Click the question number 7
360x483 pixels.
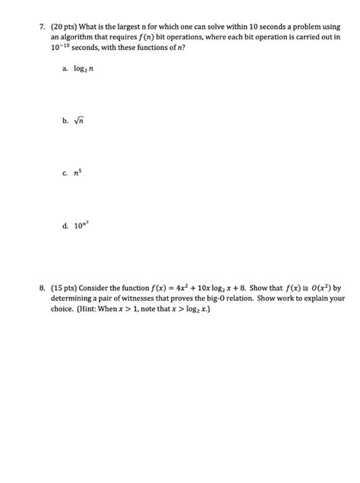coord(43,26)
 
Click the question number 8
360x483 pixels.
coord(43,289)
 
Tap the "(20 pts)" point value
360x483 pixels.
coord(65,26)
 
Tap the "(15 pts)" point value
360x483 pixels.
coord(65,289)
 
